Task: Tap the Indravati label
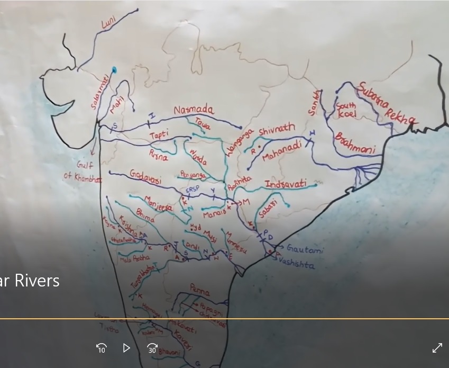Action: pyautogui.click(x=286, y=184)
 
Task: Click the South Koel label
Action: pyautogui.click(x=346, y=110)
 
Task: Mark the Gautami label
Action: pyautogui.click(x=305, y=249)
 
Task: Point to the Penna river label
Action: pyautogui.click(x=200, y=290)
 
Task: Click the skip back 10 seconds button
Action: pyautogui.click(x=102, y=348)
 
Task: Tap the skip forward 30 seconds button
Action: pyautogui.click(x=152, y=348)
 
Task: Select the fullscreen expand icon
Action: pyautogui.click(x=437, y=348)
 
